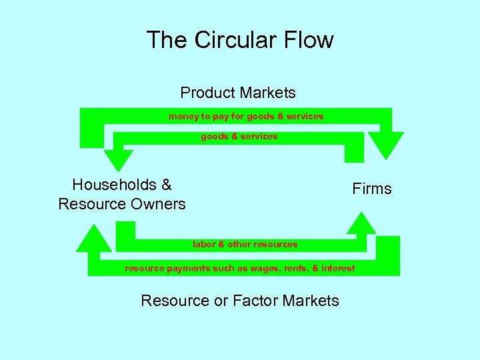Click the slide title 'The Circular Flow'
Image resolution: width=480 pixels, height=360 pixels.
[240, 40]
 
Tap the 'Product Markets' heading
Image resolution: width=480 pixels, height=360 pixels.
[238, 93]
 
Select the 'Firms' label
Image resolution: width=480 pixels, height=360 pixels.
[372, 189]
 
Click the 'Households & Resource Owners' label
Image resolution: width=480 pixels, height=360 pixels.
[122, 194]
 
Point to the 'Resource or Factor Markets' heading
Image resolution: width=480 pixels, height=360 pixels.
[240, 301]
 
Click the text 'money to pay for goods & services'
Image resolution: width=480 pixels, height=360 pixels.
[246, 116]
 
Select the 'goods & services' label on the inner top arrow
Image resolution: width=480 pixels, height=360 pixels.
[239, 136]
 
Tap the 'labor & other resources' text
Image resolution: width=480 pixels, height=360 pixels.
[245, 244]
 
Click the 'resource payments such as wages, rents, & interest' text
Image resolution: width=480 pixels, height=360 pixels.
[240, 268]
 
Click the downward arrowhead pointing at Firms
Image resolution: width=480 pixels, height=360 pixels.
[387, 145]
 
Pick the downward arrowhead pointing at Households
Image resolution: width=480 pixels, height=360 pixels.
[118, 160]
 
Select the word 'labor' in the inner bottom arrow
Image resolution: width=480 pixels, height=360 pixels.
[204, 244]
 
